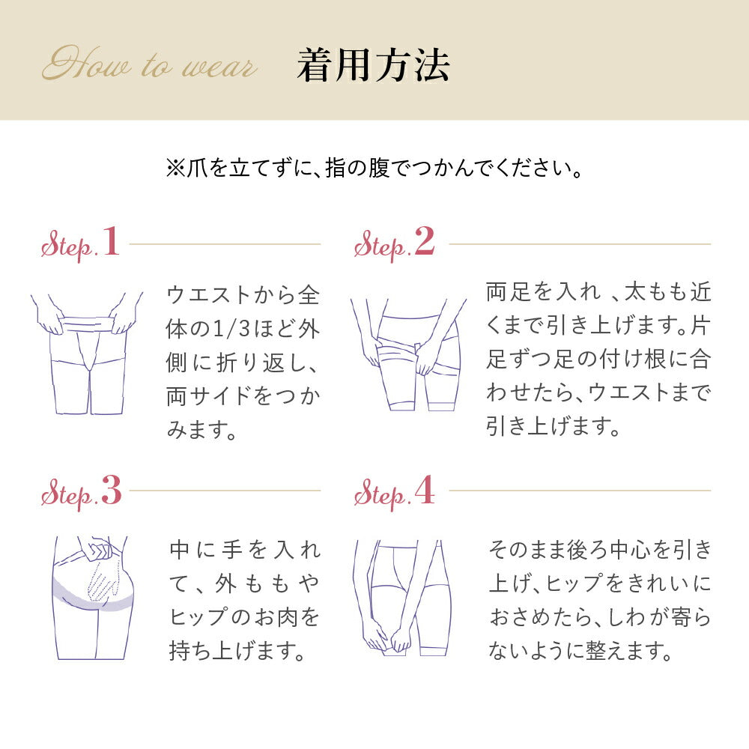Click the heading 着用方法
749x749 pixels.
tap(373, 65)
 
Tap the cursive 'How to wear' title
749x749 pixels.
tap(150, 64)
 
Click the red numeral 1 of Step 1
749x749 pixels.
tap(111, 241)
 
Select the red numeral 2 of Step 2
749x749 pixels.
tap(425, 241)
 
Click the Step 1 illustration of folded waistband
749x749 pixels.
tap(86, 354)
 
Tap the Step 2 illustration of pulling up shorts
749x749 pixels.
tap(408, 354)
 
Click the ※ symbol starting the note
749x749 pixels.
tap(175, 168)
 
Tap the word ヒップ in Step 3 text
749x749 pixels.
tap(200, 617)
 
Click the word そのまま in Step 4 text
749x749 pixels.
tap(527, 550)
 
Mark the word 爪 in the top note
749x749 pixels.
tap(197, 168)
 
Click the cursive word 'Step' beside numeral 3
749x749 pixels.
tap(67, 495)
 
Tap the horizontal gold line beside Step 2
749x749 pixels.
tap(580, 243)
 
